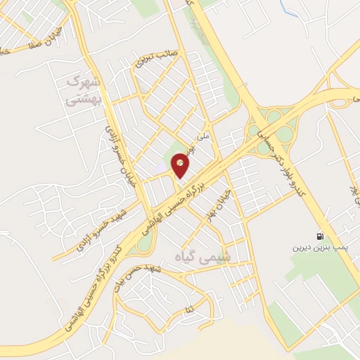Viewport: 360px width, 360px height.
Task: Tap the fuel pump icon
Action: (x=321, y=237)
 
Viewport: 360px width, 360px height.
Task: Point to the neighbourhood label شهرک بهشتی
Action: (x=85, y=91)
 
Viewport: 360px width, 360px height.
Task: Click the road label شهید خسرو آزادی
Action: (x=94, y=229)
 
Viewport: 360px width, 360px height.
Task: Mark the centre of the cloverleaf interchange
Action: (x=269, y=129)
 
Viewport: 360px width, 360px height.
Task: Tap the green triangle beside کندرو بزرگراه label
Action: (x=143, y=243)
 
